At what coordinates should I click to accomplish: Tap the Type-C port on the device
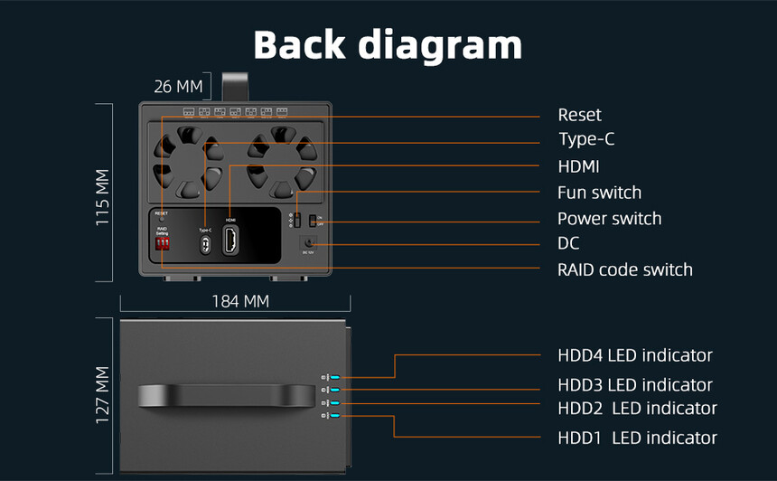click(205, 244)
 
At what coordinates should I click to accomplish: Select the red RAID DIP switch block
click(163, 243)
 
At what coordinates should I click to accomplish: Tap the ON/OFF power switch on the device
click(312, 220)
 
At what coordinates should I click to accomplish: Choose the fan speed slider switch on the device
click(295, 220)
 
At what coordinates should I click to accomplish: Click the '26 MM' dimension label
click(178, 87)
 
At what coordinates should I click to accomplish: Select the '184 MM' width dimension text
click(240, 301)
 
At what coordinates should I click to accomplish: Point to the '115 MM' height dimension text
click(103, 197)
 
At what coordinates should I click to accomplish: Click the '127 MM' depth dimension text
click(103, 394)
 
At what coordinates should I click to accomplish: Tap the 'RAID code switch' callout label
click(625, 269)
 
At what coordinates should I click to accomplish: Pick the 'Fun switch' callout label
click(599, 193)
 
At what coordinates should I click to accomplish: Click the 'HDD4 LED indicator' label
click(634, 355)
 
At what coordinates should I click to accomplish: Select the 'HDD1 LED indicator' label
click(637, 438)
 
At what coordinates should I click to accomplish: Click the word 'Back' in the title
click(302, 44)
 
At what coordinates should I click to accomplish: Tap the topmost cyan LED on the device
click(333, 378)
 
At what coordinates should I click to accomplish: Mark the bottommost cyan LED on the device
click(333, 415)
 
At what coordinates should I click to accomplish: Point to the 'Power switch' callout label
click(609, 219)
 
